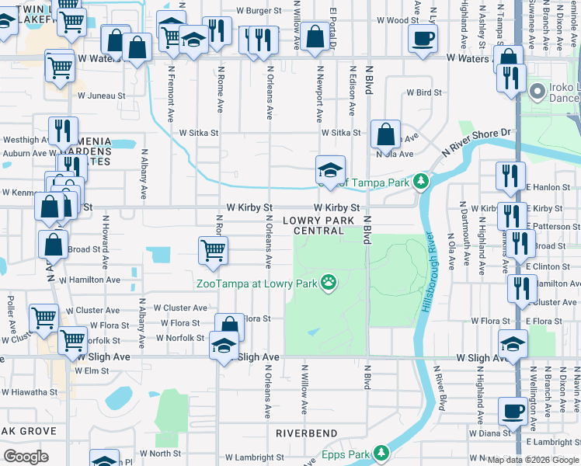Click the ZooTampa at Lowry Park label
pos(257,283)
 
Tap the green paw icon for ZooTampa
pos(329,283)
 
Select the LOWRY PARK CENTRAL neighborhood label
pos(324,225)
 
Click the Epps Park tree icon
pos(381,452)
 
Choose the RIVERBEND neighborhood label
pos(306,433)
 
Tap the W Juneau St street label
pos(101,96)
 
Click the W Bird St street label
pos(424,92)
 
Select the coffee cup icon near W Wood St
pos(423,38)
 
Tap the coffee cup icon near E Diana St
pos(513,411)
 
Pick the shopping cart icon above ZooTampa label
pos(213,250)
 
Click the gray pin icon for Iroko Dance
pos(536,92)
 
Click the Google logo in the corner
pos(26,457)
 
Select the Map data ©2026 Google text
pos(533,460)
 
